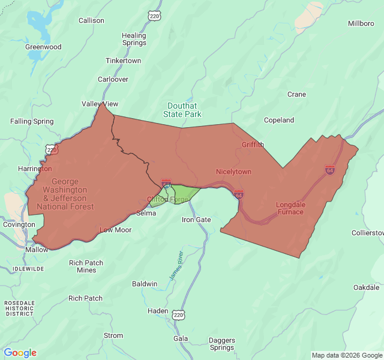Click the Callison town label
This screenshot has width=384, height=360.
91,20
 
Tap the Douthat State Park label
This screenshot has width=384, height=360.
184,110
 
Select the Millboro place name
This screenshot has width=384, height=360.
362,23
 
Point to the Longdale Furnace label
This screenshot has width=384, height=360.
290,208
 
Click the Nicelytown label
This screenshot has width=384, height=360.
233,172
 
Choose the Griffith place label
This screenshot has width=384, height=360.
253,145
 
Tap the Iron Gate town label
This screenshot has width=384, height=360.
196,220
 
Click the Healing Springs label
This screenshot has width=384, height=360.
134,39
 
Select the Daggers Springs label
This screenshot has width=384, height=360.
222,344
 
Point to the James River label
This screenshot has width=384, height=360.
175,265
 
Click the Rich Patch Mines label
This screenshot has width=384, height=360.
86,266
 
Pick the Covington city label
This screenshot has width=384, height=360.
19,224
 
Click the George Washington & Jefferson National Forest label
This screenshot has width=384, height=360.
65,194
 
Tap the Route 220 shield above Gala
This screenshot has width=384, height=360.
178,314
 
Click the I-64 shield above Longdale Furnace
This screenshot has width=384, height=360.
329,170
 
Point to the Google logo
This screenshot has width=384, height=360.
20,353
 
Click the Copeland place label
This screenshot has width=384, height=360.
279,120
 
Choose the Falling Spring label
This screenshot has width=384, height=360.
32,121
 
